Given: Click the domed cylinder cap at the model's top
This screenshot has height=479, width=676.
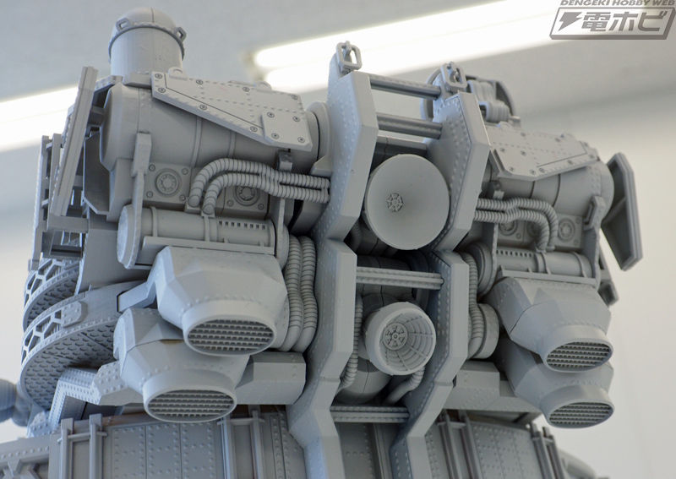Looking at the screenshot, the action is point(147,42).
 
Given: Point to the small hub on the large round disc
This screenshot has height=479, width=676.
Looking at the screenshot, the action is point(394,202).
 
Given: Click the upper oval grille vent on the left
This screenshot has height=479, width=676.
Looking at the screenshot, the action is point(230,336).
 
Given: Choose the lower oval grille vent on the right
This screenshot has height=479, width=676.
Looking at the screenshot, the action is point(581,413).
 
